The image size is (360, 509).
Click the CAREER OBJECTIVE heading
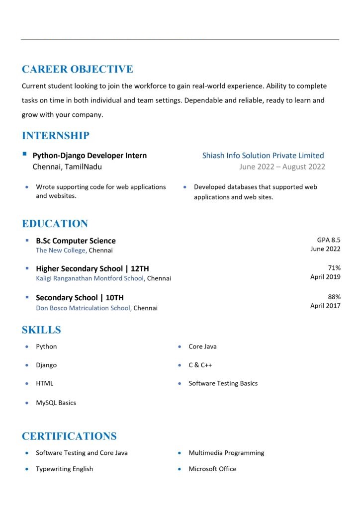click(x=77, y=69)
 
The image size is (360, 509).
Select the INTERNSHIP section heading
click(x=56, y=136)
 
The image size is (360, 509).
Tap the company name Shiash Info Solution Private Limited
click(x=263, y=156)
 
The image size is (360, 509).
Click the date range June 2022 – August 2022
click(x=282, y=167)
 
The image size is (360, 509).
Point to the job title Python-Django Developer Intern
click(x=90, y=156)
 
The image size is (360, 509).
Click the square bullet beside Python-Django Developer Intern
click(x=25, y=155)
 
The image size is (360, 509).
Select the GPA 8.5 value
click(x=329, y=240)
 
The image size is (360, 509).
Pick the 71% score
click(x=334, y=267)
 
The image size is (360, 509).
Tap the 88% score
click(x=334, y=297)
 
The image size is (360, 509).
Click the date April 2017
click(x=325, y=306)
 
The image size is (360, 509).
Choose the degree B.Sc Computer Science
click(x=76, y=241)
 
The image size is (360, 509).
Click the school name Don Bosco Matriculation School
click(x=84, y=308)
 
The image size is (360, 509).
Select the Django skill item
click(x=46, y=365)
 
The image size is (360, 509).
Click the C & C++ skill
click(x=200, y=365)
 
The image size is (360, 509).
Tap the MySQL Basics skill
click(x=56, y=403)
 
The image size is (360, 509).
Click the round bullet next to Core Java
click(x=179, y=347)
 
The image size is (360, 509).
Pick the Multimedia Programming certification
click(x=226, y=453)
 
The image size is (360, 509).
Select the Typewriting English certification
click(x=64, y=469)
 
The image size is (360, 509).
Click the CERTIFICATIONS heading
click(x=69, y=436)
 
